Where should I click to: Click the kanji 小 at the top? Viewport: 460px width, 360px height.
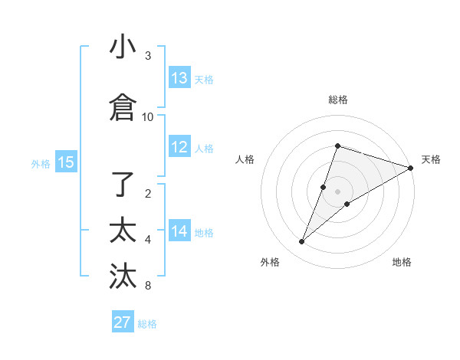[x=123, y=47]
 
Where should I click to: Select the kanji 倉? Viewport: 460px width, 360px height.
[x=123, y=108]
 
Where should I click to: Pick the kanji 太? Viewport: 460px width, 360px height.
[x=123, y=231]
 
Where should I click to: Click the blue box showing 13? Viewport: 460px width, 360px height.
[x=179, y=78]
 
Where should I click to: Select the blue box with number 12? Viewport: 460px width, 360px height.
[x=179, y=148]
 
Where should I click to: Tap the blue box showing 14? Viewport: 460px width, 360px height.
[x=179, y=231]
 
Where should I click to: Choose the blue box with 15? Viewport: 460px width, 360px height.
[x=65, y=162]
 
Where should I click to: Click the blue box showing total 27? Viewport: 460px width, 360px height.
[x=123, y=322]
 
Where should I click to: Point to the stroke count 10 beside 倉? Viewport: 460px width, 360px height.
[x=148, y=116]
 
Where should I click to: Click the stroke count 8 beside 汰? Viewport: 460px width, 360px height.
[x=148, y=286]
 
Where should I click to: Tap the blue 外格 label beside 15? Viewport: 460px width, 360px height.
[x=41, y=163]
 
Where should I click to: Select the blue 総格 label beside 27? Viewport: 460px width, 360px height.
[x=147, y=323]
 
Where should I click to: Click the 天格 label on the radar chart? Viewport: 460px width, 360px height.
[x=431, y=159]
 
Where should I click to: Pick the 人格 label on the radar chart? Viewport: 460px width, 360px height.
[x=245, y=159]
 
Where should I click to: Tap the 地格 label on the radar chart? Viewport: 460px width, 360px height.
[x=402, y=262]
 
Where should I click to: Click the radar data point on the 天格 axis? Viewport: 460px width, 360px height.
[x=411, y=168]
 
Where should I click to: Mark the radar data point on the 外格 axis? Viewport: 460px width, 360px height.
[x=302, y=242]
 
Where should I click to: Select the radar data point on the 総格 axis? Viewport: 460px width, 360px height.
[x=337, y=146]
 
